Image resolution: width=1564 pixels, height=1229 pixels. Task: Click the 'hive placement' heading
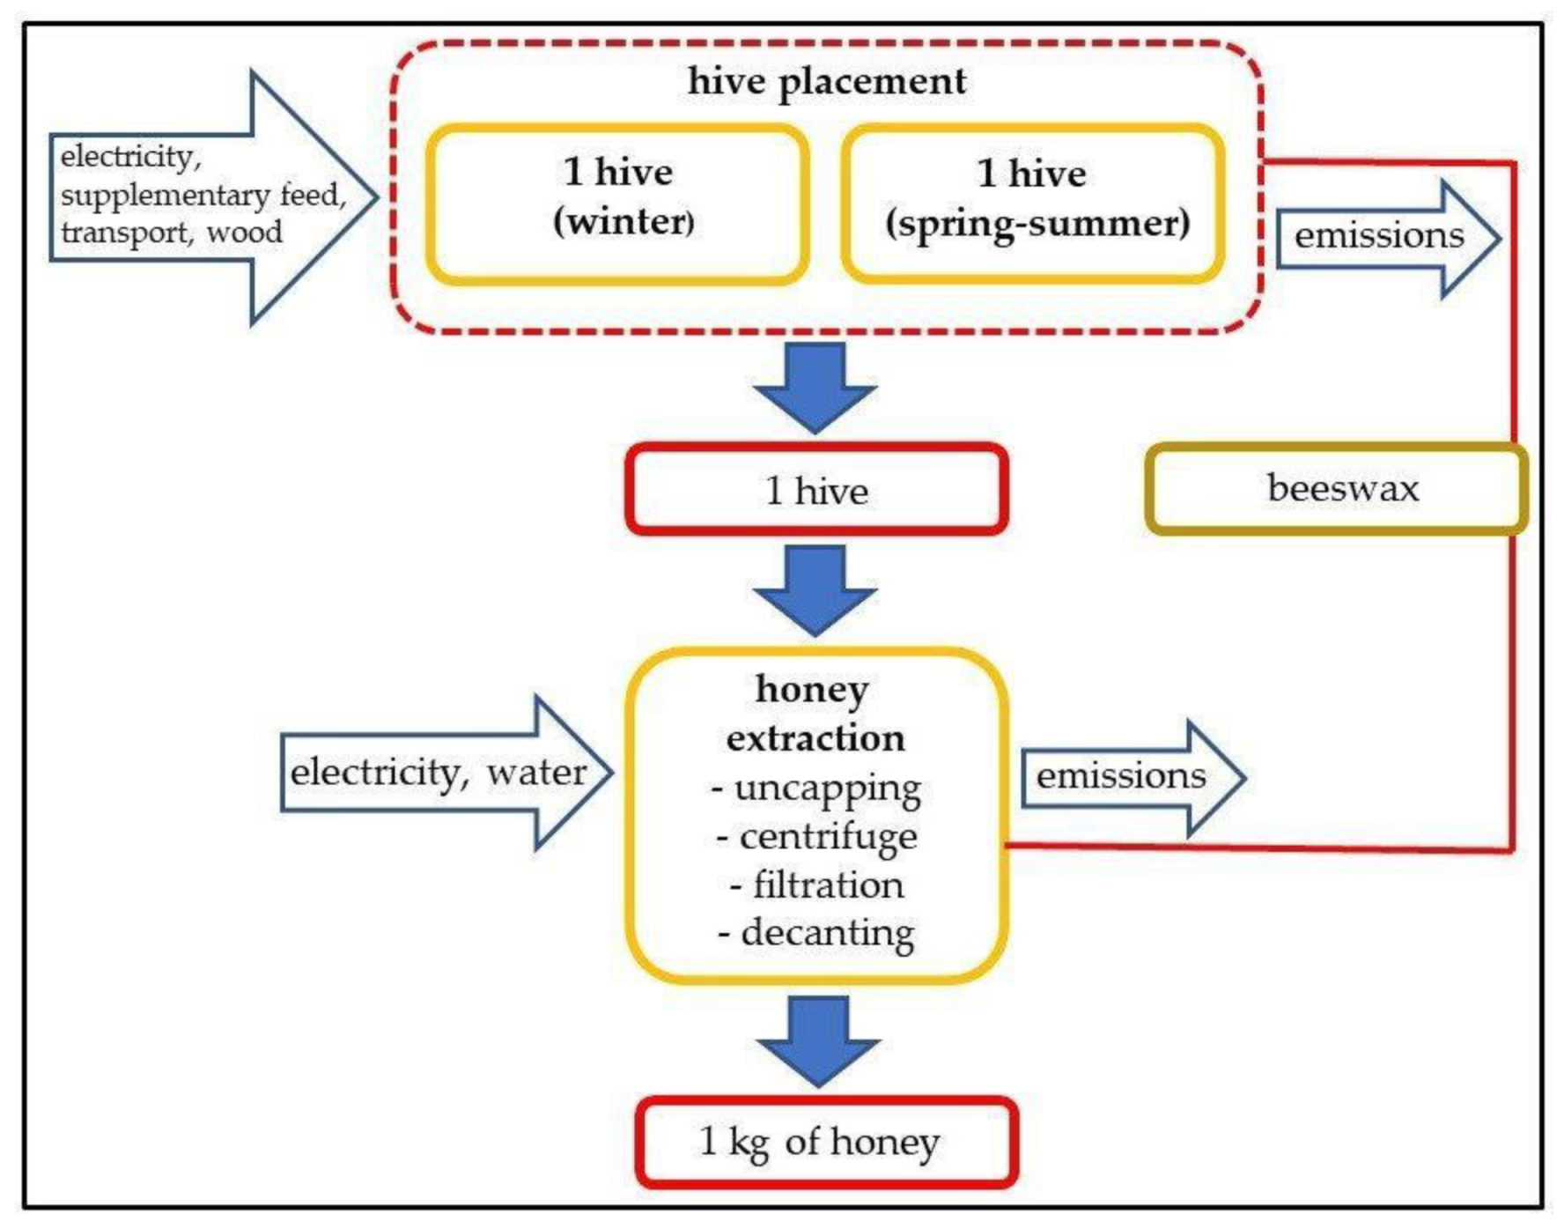point(826,82)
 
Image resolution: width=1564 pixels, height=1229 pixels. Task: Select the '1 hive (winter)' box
point(618,203)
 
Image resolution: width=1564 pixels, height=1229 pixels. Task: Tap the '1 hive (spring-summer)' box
point(1032,203)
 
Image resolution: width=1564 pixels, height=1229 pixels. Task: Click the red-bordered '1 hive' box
point(815,490)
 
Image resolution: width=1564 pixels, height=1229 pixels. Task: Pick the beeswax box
point(1337,489)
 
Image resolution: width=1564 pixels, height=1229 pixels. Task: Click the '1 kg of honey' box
point(826,1142)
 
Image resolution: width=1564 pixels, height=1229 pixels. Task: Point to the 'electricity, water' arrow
point(440,773)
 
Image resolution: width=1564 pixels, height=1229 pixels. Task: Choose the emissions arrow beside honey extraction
point(1127,777)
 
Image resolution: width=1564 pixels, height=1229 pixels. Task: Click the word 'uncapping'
point(828,788)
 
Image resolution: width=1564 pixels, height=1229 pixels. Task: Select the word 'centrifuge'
point(828,837)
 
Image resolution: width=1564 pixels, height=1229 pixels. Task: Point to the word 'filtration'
point(828,885)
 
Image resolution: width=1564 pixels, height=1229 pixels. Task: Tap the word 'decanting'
point(828,933)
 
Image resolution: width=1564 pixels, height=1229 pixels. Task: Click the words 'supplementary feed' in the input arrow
point(201,195)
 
